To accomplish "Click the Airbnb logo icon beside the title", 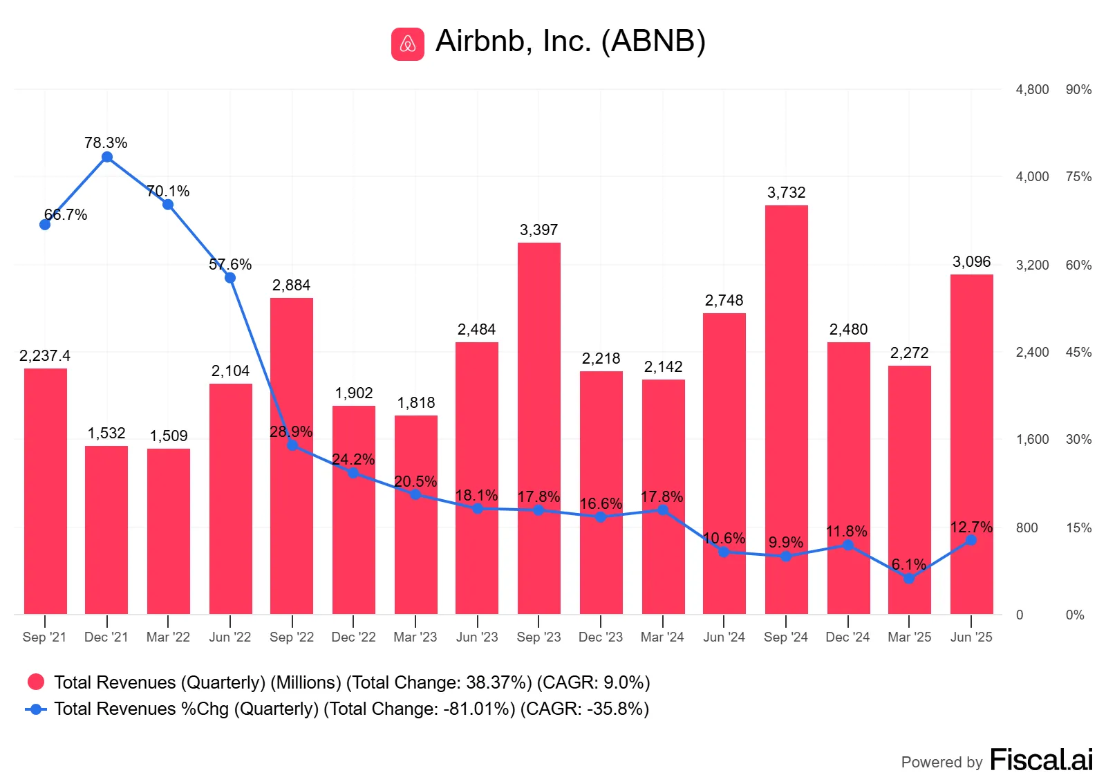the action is (408, 44).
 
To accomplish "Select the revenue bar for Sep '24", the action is (787, 410).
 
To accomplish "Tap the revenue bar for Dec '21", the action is (106, 530).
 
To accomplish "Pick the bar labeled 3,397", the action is (539, 429).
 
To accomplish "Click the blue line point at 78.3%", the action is (107, 158).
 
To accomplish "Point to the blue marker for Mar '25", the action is (909, 579).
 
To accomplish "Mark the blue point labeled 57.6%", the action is (230, 278).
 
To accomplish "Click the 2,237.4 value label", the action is (45, 355).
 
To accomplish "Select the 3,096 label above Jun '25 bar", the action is (972, 261).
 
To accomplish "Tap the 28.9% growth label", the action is (291, 431).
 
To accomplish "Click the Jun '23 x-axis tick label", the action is (477, 637).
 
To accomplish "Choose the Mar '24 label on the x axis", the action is (662, 637).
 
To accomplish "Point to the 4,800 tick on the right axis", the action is (1032, 90).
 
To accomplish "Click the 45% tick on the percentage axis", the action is (1078, 353).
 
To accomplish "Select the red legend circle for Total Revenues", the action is (36, 682).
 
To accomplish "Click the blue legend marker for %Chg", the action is (36, 709).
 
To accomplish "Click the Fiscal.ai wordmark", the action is (1041, 760).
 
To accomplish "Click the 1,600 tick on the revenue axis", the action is (1032, 440).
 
